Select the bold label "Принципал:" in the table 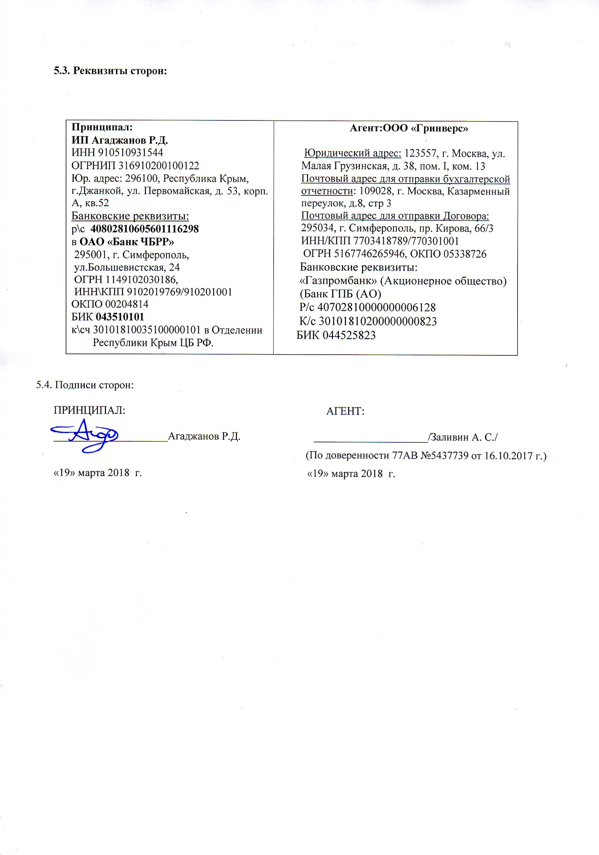(x=102, y=127)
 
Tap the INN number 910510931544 (x=130, y=153)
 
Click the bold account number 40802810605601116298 (x=145, y=229)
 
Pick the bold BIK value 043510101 (x=120, y=317)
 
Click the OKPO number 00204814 (x=127, y=304)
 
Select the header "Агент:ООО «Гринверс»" (x=409, y=128)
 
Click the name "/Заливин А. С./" (x=463, y=437)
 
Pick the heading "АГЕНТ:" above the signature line (x=345, y=412)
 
